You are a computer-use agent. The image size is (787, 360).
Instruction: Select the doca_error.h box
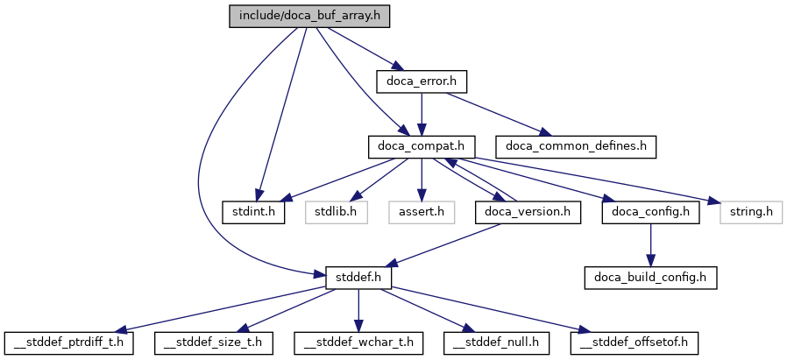[422, 81]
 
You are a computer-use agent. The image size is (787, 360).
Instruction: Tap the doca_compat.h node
[422, 145]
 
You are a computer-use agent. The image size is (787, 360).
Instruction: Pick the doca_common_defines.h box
[576, 145]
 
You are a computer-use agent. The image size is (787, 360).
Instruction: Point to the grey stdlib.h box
[335, 211]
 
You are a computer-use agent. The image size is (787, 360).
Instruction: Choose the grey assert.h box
[422, 211]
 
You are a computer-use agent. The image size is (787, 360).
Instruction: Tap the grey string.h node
[751, 211]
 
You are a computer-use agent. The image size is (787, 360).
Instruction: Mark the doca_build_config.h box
[651, 277]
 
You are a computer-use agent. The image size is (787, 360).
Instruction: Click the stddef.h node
[358, 277]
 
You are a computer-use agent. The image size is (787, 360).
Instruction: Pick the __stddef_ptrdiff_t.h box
[69, 342]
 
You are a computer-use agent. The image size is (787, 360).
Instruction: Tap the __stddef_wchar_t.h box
[358, 342]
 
